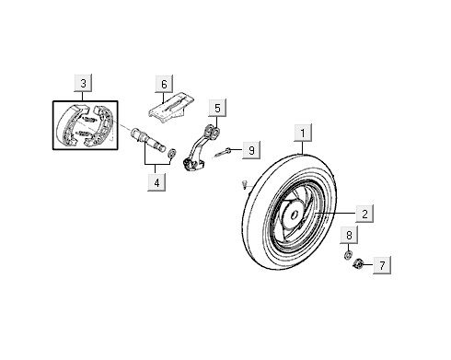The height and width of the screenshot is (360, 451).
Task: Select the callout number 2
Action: click(364, 214)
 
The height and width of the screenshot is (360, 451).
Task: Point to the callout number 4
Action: click(157, 181)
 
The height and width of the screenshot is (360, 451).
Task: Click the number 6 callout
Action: click(164, 85)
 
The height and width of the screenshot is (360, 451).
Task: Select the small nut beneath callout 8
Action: click(349, 253)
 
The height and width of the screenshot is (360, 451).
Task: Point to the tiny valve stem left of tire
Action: click(243, 185)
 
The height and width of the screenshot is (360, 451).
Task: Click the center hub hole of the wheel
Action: click(292, 218)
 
